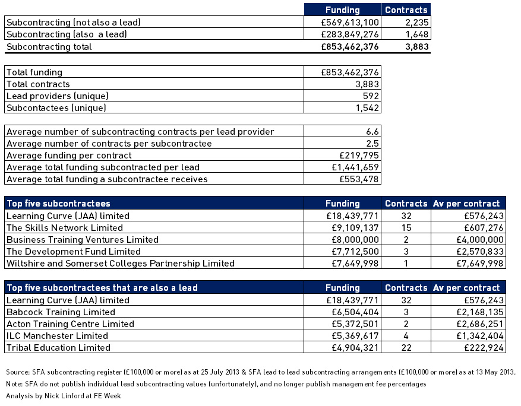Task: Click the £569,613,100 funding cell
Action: [349, 22]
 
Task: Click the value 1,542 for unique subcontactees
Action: [368, 108]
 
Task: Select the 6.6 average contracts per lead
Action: [372, 132]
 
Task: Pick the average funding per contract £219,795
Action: [359, 156]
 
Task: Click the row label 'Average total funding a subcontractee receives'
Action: [107, 179]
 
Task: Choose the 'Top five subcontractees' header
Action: [58, 204]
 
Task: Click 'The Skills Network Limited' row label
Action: [65, 227]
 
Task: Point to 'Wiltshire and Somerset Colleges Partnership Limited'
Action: [120, 264]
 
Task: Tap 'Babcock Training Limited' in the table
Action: [61, 312]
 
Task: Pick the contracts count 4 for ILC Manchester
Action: [406, 336]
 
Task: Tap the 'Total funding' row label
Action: [34, 72]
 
